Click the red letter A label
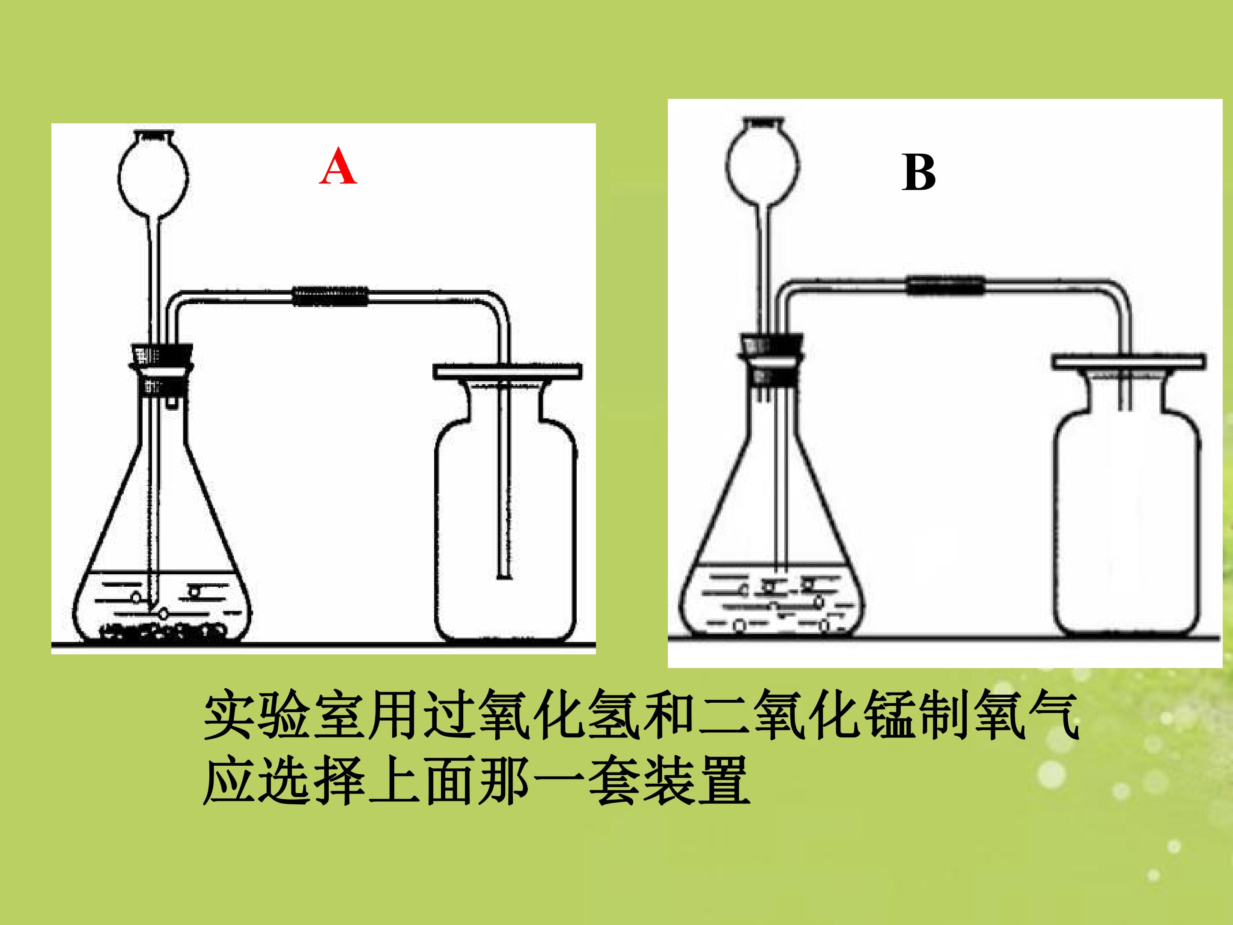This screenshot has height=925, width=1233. [x=338, y=166]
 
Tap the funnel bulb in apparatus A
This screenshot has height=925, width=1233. [x=153, y=175]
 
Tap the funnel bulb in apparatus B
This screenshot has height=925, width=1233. [x=762, y=162]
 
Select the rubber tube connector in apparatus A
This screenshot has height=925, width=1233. [x=330, y=296]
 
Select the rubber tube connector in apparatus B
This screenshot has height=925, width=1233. [x=945, y=286]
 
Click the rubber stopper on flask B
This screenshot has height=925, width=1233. [x=771, y=344]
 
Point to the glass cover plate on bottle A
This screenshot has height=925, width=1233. [x=507, y=371]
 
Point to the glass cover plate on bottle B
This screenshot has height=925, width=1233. [x=1128, y=362]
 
